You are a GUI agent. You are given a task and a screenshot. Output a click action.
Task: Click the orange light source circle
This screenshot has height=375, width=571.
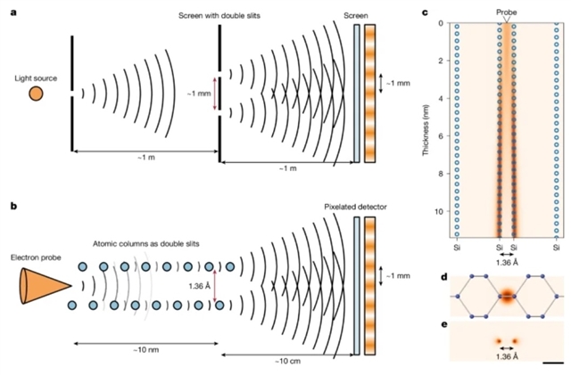click(x=36, y=94)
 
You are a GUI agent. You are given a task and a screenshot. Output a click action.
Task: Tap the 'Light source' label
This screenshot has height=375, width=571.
click(x=36, y=78)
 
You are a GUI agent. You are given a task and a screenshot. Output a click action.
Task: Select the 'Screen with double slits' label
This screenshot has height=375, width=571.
click(x=219, y=16)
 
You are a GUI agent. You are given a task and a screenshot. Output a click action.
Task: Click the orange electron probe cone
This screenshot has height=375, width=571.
click(x=46, y=286)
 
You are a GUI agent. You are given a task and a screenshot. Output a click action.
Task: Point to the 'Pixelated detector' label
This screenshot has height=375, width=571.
click(x=355, y=207)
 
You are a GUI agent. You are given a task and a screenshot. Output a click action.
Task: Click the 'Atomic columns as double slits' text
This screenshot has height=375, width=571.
click(x=146, y=244)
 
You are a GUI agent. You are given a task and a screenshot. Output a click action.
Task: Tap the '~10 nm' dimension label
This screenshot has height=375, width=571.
click(x=145, y=350)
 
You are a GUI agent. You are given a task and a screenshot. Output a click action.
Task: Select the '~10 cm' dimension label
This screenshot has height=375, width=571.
click(x=287, y=361)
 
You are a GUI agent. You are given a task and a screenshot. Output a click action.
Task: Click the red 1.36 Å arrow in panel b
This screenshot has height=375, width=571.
click(x=214, y=286)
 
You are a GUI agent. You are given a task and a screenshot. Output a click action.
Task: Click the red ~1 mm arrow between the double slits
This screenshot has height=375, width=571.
click(x=214, y=94)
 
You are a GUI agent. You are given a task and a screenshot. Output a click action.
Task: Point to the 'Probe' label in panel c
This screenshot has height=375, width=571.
click(x=506, y=12)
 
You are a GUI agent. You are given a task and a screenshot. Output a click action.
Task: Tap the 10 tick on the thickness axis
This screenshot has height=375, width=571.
click(x=439, y=212)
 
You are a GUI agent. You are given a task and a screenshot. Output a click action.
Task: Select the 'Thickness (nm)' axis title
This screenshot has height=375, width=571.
click(x=426, y=130)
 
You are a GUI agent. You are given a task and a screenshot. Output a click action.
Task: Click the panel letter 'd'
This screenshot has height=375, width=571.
click(x=444, y=278)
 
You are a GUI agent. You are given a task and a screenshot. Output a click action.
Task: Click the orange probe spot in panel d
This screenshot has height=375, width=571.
click(x=507, y=296)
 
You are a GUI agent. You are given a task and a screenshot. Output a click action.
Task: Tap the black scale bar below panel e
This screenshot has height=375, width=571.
click(x=552, y=363)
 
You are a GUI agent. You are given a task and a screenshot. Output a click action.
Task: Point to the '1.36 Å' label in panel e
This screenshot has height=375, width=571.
click(x=507, y=357)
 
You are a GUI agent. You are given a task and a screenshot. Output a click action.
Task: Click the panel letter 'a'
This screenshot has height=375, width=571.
click(x=14, y=13)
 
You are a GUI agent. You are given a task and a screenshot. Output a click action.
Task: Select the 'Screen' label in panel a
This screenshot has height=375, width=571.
click(x=356, y=16)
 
